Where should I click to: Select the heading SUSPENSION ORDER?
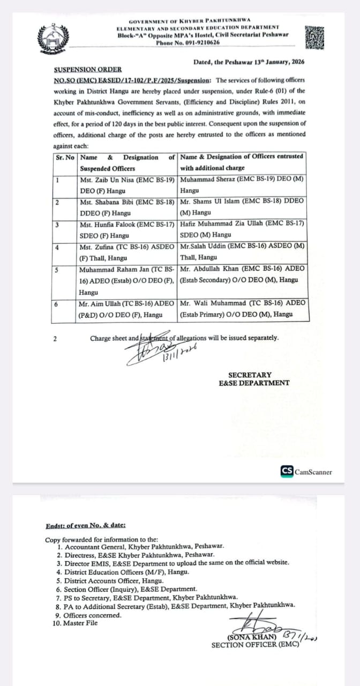click(x=87, y=70)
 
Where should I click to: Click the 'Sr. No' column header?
click(x=65, y=158)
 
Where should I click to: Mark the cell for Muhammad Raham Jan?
click(x=127, y=280)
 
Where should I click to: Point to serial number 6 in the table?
click(x=57, y=304)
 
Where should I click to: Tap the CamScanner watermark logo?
click(x=306, y=472)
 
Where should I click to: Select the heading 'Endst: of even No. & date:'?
click(x=86, y=526)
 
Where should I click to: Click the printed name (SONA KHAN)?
click(x=252, y=637)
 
